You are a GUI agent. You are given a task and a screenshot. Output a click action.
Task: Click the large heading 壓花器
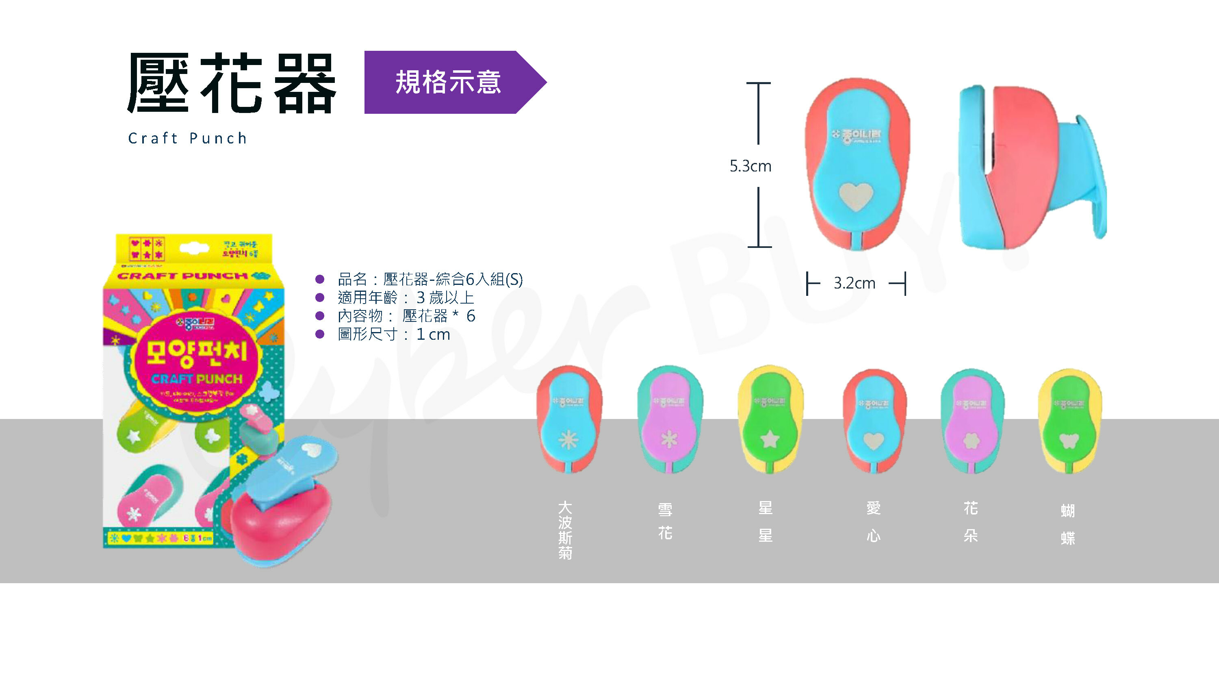[x=232, y=83]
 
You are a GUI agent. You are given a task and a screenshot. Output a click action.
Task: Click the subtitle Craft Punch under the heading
[x=187, y=138]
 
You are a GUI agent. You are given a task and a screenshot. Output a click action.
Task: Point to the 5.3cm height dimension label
[x=750, y=166]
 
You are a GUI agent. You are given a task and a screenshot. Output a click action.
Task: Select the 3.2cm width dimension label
[x=854, y=283]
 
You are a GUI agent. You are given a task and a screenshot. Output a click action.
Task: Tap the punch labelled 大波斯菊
[x=569, y=419]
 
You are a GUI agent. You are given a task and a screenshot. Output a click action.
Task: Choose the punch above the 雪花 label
[x=669, y=419]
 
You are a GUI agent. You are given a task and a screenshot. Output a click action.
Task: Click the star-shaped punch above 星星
[x=770, y=419]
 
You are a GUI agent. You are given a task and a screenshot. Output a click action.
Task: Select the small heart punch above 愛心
[x=874, y=420]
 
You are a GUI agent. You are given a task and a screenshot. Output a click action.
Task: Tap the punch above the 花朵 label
[x=972, y=420]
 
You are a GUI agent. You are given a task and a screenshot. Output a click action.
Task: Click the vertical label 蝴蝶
[x=1067, y=524]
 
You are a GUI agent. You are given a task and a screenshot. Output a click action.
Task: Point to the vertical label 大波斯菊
[x=565, y=530]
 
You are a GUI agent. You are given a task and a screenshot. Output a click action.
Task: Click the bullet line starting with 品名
[x=429, y=279]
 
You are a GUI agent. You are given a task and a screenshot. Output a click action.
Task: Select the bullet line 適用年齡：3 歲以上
[x=406, y=297]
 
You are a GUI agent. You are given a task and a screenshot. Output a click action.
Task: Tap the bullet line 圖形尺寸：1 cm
[x=394, y=334]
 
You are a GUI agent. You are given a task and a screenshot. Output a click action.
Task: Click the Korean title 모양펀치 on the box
[x=196, y=353]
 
